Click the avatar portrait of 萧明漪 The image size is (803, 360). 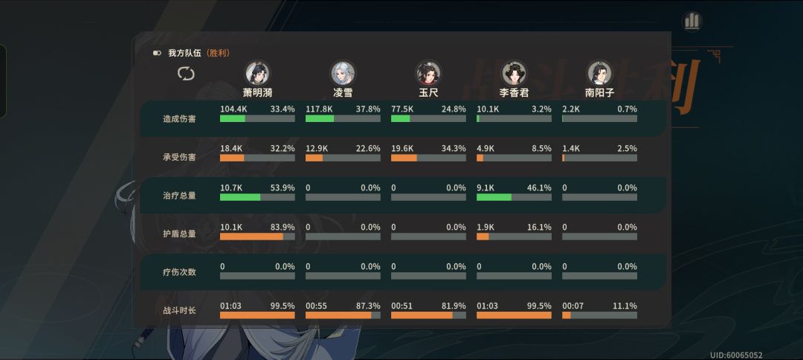(x=257, y=73)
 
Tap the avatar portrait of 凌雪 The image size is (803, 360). (x=343, y=73)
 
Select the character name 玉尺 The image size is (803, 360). (x=428, y=93)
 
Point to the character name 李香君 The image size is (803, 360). (x=514, y=93)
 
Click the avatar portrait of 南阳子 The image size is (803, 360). (x=599, y=73)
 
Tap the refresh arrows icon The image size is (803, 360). (x=186, y=73)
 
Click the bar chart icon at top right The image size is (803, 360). (x=692, y=21)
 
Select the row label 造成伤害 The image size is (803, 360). (x=179, y=119)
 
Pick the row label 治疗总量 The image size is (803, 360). (x=179, y=196)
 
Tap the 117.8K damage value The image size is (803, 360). (x=318, y=109)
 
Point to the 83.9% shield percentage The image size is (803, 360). (x=283, y=227)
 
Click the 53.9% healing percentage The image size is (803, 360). (x=283, y=187)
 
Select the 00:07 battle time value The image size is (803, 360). (x=573, y=306)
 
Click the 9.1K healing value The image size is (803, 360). (x=487, y=187)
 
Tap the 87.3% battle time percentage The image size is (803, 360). (x=368, y=306)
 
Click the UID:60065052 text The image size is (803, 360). (x=736, y=355)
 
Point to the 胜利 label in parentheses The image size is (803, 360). (x=218, y=53)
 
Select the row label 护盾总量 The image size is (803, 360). (x=179, y=234)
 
